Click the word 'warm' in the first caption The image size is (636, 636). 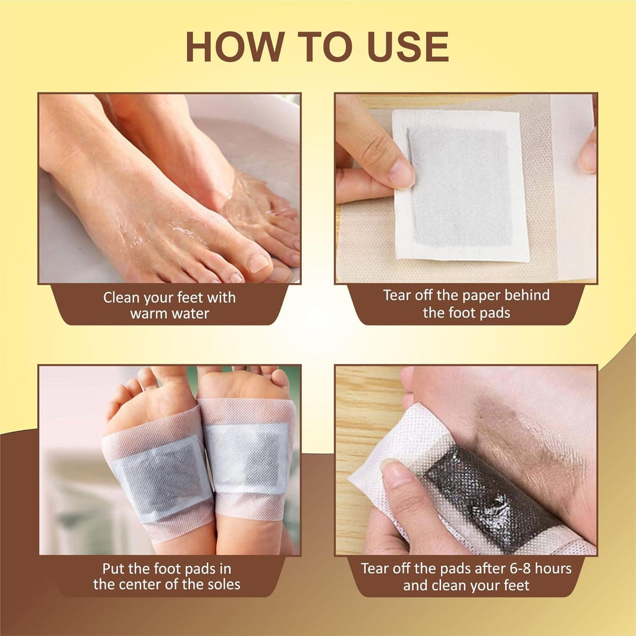coord(148,314)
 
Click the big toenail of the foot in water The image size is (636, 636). coord(258,263)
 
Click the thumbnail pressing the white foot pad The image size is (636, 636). coord(401,173)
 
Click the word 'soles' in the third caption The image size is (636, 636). coord(222,584)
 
